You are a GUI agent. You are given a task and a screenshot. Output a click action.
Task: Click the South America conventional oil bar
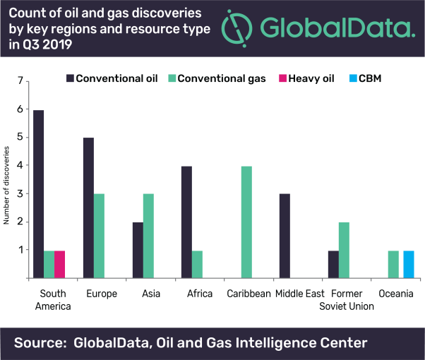coord(38,194)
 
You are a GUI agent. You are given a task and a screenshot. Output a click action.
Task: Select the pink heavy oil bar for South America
coord(59,264)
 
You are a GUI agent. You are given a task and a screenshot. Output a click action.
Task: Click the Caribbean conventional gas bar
coord(246,222)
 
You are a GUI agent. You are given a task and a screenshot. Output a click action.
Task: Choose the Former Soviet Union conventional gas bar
coord(343,250)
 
